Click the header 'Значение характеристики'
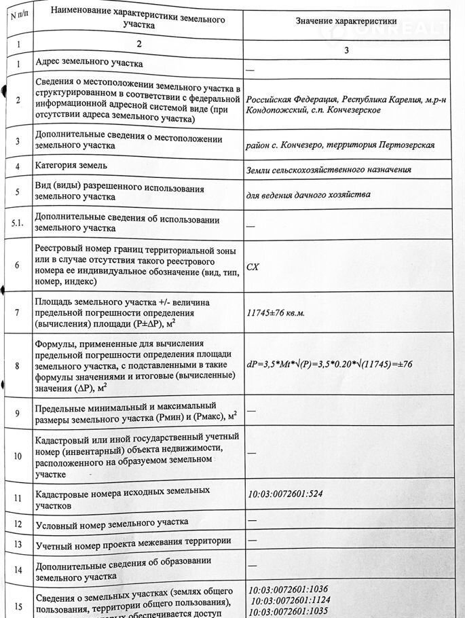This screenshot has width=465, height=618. [x=346, y=22]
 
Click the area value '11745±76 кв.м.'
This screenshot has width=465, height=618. [x=276, y=313]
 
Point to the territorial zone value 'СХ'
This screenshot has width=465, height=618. [x=253, y=267]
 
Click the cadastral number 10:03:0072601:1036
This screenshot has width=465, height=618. [x=289, y=590]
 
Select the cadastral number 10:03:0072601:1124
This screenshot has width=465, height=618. [x=291, y=600]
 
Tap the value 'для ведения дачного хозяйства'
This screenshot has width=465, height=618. [x=309, y=194]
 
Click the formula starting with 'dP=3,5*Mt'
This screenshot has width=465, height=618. [x=329, y=365]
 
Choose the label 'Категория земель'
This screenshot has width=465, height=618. [x=71, y=165]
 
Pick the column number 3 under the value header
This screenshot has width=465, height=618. [x=346, y=50]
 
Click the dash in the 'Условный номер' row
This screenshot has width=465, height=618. [x=252, y=520]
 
